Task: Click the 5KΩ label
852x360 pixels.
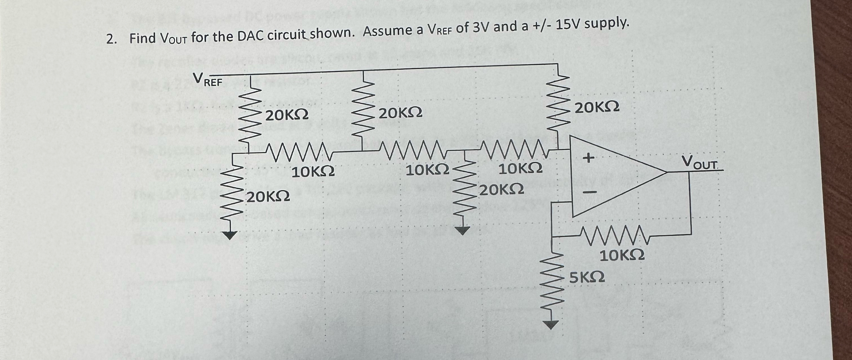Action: pos(587,277)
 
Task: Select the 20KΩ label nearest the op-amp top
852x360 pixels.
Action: pos(597,107)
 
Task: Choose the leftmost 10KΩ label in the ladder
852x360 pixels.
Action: pos(81,172)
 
